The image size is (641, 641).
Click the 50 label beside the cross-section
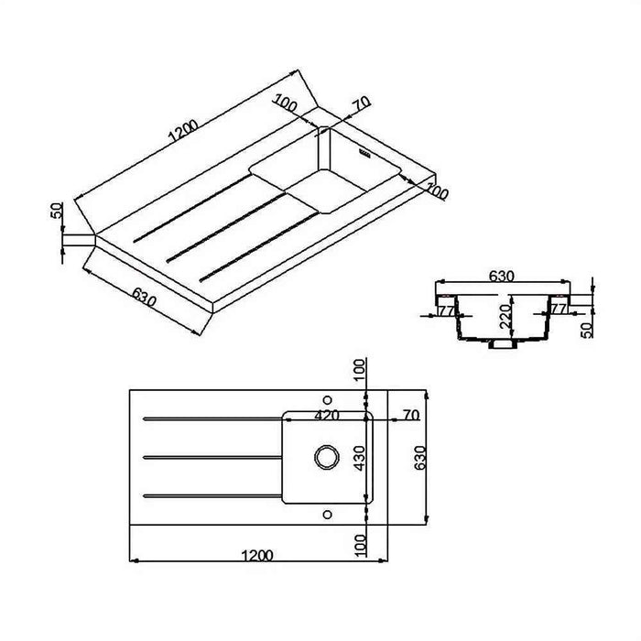tap(588, 328)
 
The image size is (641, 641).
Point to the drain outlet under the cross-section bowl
tap(502, 346)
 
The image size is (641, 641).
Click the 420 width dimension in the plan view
tap(327, 415)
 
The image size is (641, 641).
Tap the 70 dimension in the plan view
tap(410, 415)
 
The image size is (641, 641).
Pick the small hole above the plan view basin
tap(327, 398)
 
